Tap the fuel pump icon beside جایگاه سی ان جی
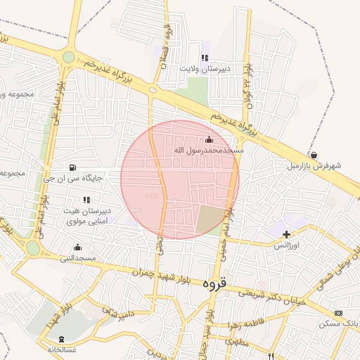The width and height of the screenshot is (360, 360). point(73,167)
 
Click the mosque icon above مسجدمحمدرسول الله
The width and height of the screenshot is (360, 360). point(208,139)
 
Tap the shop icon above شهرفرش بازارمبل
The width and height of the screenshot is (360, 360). point(313,155)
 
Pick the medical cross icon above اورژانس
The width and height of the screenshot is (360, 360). point(286,234)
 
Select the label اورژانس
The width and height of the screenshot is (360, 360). point(286,245)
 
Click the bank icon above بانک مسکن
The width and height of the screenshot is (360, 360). point(338,312)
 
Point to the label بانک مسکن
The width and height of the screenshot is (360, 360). point(338,323)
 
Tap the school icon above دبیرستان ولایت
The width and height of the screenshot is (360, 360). point(204,58)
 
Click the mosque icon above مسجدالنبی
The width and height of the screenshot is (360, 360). point(77,247)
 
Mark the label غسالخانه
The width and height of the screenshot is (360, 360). point(61,349)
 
